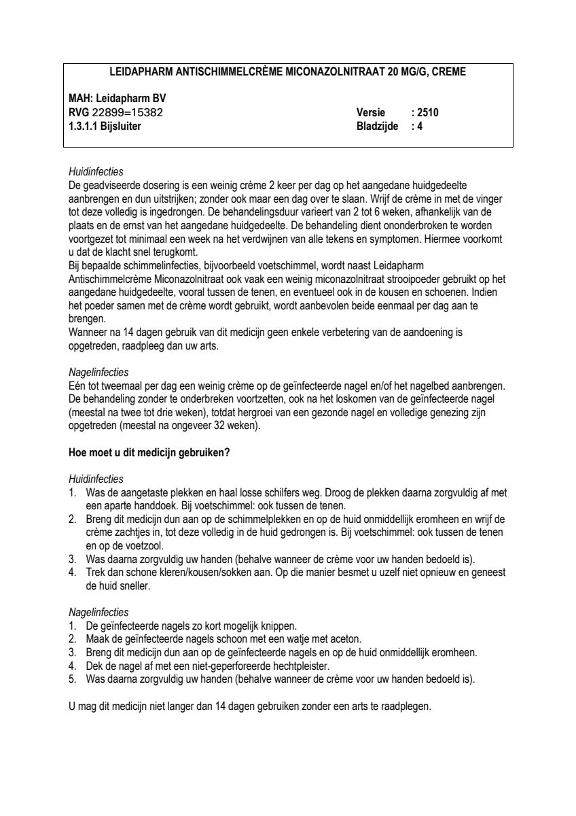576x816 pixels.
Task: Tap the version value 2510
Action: coord(429,112)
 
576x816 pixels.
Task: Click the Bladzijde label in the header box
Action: coord(377,125)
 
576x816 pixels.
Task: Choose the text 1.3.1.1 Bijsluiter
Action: coord(105,125)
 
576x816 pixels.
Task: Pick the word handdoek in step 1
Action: coord(145,505)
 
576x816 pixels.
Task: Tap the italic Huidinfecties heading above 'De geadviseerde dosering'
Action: coord(96,171)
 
